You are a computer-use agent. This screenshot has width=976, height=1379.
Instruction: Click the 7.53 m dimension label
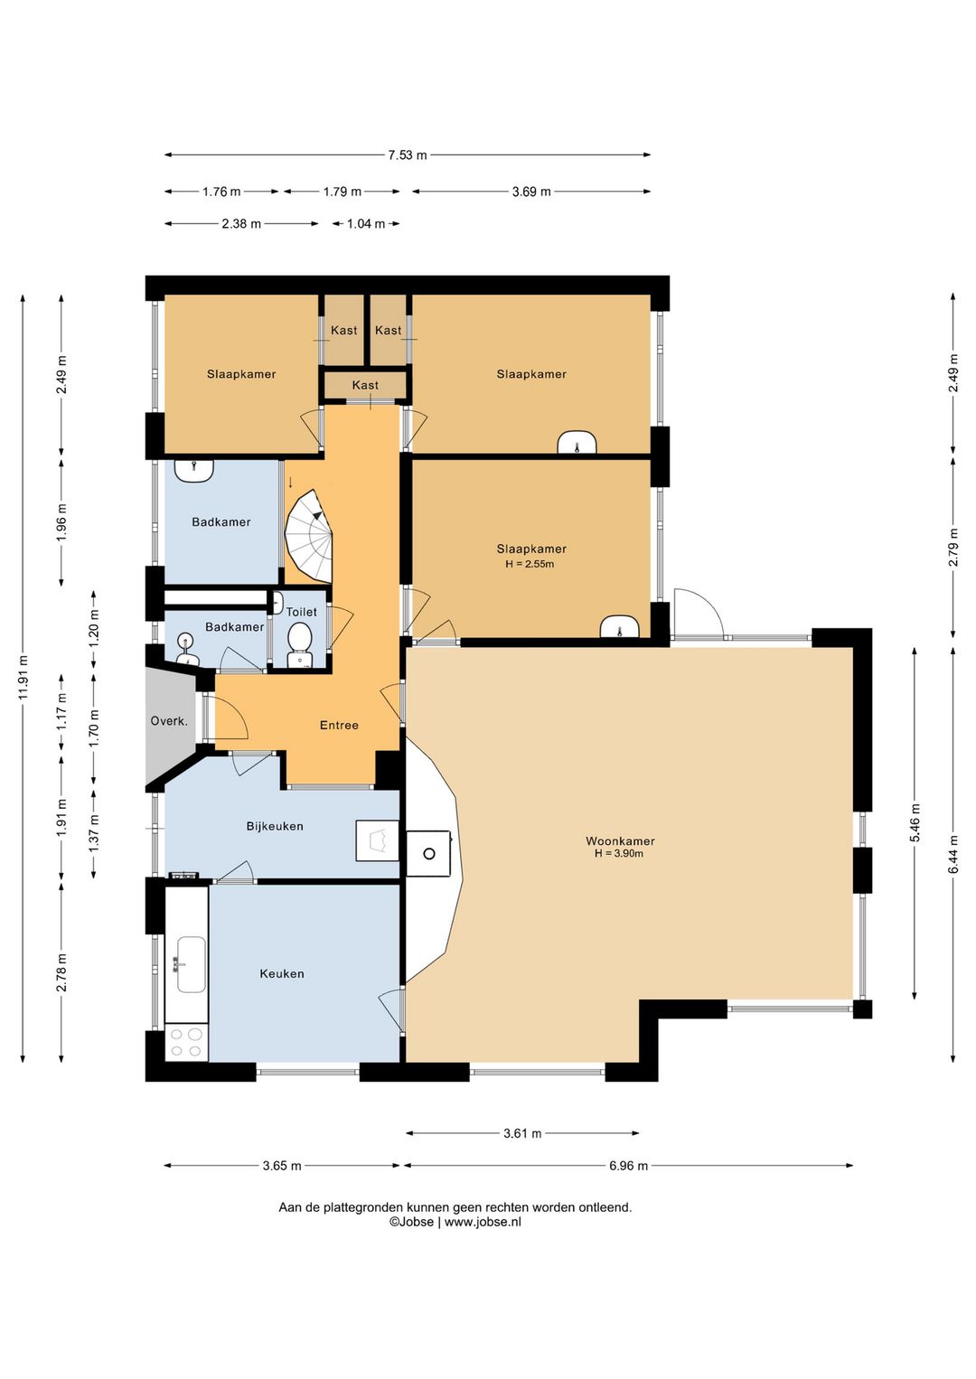(407, 155)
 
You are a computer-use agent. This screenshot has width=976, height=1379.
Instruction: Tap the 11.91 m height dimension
(23, 677)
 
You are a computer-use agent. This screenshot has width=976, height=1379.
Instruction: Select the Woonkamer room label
(620, 841)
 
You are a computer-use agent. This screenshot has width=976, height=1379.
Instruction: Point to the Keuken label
(282, 973)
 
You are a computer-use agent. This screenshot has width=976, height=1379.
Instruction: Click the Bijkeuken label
(275, 826)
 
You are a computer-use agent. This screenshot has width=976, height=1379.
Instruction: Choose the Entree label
(339, 726)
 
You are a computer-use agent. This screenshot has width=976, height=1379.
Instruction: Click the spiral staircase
(309, 536)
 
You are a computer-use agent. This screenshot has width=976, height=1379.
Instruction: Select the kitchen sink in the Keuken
(191, 964)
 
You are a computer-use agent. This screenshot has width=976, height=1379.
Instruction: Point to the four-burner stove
(186, 1042)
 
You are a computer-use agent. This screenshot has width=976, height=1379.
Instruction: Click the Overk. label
(169, 721)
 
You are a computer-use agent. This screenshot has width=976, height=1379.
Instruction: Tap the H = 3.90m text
(619, 854)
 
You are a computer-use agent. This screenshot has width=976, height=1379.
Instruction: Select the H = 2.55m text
(530, 564)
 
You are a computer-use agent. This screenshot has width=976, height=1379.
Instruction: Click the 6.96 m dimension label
(628, 1166)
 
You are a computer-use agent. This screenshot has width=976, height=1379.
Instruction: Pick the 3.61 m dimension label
(522, 1133)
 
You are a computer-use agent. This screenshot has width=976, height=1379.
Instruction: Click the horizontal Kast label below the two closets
(365, 385)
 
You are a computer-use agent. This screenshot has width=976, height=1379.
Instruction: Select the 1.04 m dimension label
(366, 224)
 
